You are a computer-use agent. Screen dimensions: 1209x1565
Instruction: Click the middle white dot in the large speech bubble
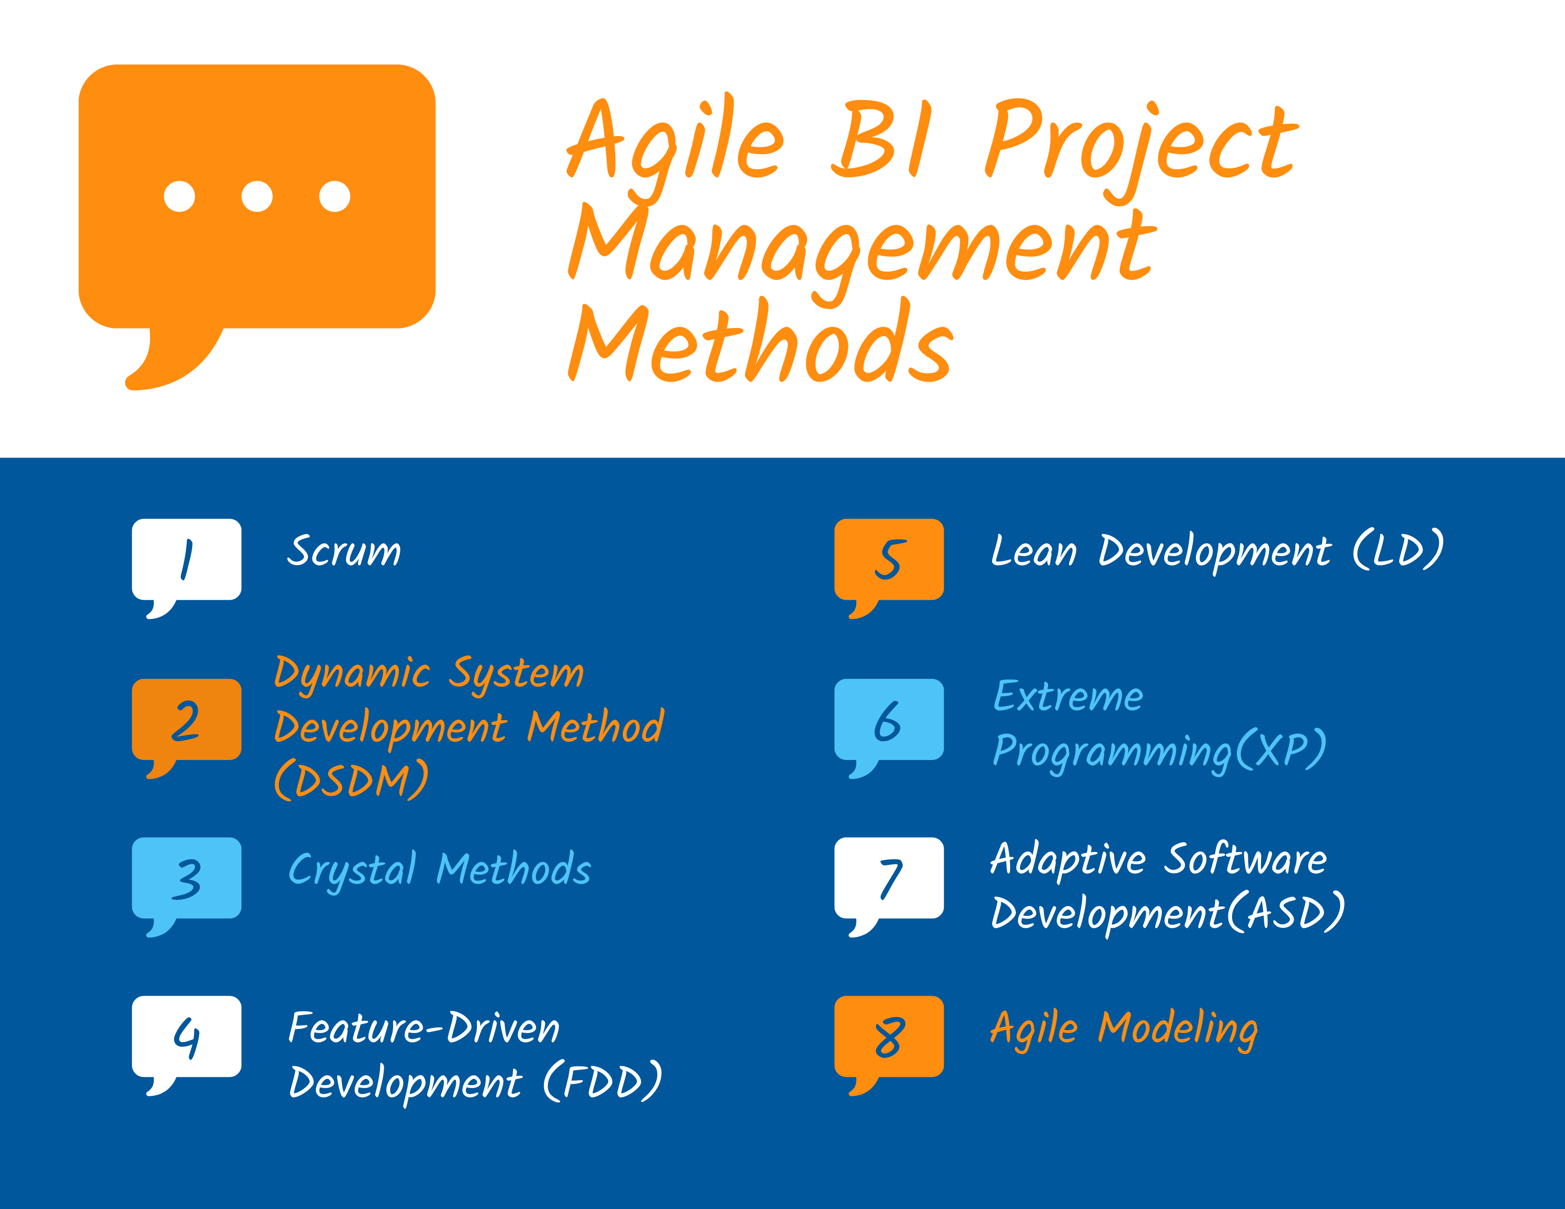(x=257, y=196)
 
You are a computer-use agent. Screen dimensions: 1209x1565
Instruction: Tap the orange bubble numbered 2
(x=186, y=719)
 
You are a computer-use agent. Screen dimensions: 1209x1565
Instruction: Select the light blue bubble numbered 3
(x=186, y=878)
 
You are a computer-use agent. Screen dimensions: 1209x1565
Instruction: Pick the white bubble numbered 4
(x=186, y=1036)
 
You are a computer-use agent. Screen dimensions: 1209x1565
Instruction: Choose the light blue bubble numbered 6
(x=889, y=719)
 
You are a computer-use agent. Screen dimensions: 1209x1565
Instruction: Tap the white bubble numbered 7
(x=889, y=878)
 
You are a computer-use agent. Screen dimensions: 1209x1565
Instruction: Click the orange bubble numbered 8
(x=889, y=1036)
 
